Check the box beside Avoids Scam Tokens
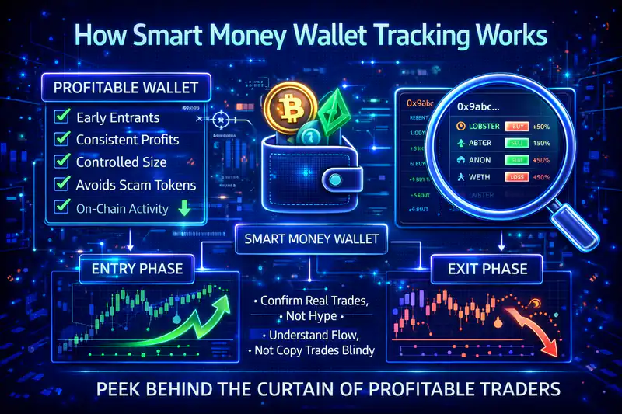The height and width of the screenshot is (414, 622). tap(61, 185)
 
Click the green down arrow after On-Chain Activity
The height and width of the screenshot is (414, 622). tap(183, 208)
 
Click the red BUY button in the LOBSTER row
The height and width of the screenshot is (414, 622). tap(518, 126)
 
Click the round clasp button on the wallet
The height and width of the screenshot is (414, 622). tap(334, 179)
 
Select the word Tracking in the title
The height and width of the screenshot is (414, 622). tap(416, 37)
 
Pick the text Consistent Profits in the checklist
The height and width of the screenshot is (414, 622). tap(127, 141)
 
